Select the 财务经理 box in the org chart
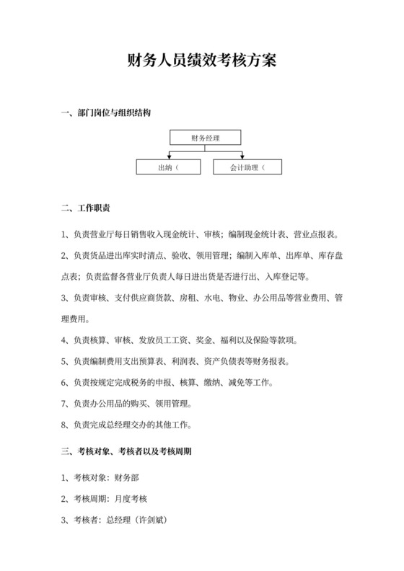coord(205,137)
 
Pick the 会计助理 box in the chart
coord(247,167)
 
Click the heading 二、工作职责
coord(86,209)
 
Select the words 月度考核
coord(131,498)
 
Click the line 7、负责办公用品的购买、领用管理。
coord(131,403)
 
